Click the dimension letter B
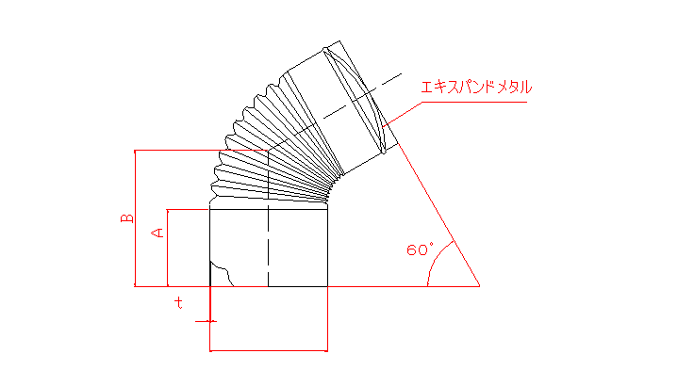[126, 218]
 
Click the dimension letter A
[157, 233]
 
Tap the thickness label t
[178, 302]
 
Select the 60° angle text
[420, 249]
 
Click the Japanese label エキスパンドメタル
[476, 88]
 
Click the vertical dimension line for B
[135, 218]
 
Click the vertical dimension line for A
[167, 248]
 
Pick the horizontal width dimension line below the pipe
[269, 350]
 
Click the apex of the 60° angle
[480, 286]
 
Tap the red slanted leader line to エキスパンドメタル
[402, 114]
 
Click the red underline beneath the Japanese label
[474, 103]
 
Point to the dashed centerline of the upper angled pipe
[362, 96]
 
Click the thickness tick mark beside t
[206, 321]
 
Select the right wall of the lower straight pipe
[328, 248]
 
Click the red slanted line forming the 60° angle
[438, 214]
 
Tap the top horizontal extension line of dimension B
[201, 151]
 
